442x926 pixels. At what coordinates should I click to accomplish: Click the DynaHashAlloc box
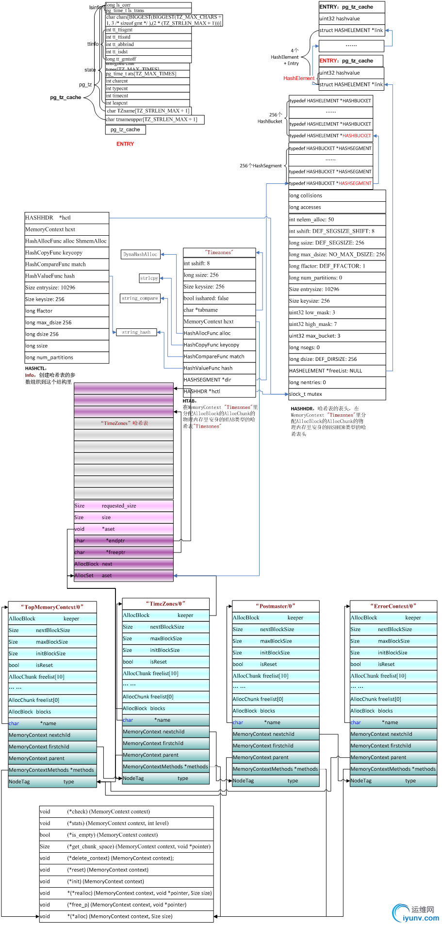point(140,254)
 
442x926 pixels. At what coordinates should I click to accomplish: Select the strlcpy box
point(149,278)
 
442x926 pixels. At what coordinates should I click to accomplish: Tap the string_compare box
point(140,298)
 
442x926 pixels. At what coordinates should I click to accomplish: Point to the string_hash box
point(136,332)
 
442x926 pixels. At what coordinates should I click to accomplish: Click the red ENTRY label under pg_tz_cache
point(125,144)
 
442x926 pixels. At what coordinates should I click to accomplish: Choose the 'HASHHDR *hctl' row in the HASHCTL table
point(66,218)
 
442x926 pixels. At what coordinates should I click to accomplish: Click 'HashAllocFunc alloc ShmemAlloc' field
point(66,241)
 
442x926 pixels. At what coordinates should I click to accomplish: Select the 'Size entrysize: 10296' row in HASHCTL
point(66,288)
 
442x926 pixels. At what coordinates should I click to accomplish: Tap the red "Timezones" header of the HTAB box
point(219,252)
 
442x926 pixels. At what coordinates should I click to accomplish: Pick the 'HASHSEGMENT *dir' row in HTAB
point(219,380)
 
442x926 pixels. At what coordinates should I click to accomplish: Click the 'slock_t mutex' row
point(337,394)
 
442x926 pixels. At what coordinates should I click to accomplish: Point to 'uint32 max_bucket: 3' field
point(337,336)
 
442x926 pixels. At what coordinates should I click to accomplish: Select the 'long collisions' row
point(337,195)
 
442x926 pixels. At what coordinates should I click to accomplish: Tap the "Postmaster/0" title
point(275,606)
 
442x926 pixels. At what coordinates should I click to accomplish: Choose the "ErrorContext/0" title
point(393,606)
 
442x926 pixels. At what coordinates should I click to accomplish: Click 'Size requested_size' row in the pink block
point(123,505)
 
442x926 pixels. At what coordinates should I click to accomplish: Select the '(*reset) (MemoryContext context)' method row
point(126,870)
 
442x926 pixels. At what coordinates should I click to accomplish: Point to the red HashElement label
point(298,78)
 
